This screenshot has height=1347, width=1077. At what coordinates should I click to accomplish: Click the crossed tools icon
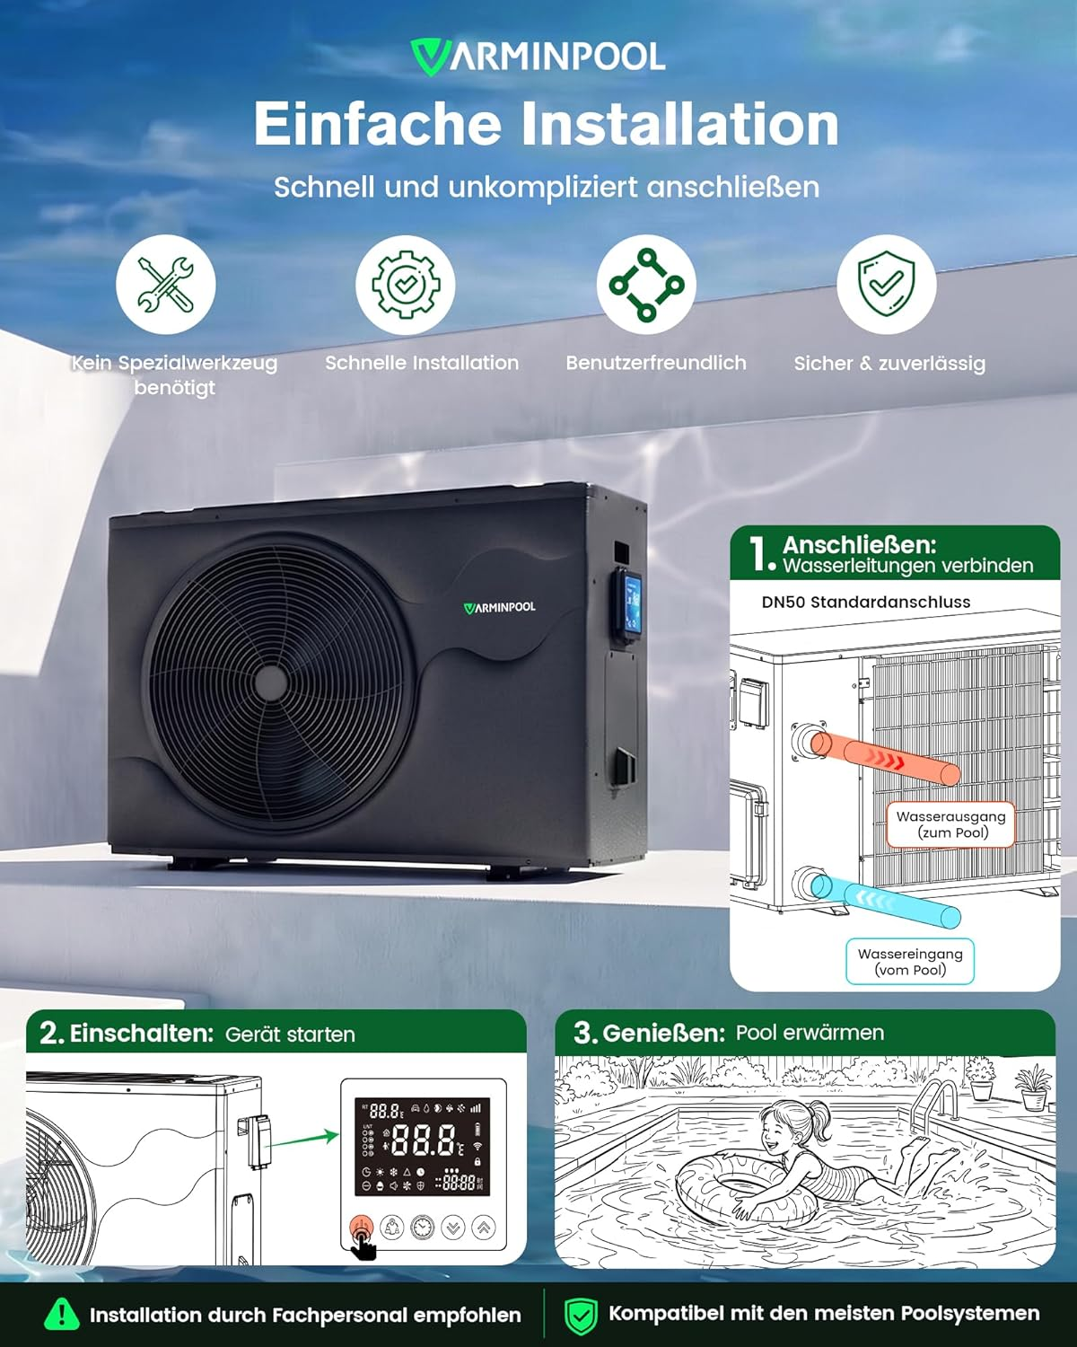(166, 285)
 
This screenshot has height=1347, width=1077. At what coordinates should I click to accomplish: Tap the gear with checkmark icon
(406, 285)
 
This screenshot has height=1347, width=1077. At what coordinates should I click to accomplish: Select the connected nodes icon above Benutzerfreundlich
(646, 285)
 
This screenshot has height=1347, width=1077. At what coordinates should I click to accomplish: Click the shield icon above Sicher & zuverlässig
(886, 285)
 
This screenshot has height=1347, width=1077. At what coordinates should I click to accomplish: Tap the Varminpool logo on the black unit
(499, 607)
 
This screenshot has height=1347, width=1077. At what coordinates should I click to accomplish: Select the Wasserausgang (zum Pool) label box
(950, 824)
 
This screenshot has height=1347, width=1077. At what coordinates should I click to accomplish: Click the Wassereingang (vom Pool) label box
(910, 962)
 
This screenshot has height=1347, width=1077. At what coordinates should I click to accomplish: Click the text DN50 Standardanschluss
(865, 603)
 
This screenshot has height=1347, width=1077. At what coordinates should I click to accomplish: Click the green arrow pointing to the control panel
(304, 1139)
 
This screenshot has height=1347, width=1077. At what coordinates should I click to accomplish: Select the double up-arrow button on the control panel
(484, 1227)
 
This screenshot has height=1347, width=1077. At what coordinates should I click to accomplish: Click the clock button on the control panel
(423, 1227)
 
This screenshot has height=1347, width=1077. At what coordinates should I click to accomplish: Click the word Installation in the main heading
(679, 124)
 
